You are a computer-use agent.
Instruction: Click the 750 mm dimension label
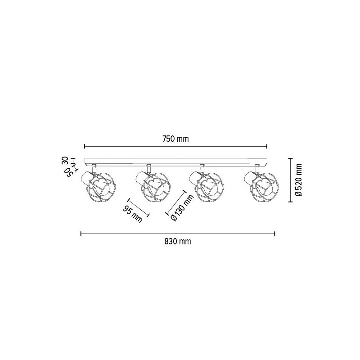pyautogui.click(x=176, y=139)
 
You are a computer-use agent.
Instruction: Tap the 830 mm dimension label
pyautogui.click(x=178, y=242)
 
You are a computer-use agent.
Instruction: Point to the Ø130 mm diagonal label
pyautogui.click(x=176, y=208)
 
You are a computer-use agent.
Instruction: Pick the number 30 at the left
pyautogui.click(x=65, y=161)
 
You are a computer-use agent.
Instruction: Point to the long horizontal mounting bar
pyautogui.click(x=175, y=162)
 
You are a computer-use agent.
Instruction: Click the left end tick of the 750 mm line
pyautogui.click(x=85, y=146)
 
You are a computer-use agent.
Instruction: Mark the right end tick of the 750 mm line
pyautogui.click(x=267, y=146)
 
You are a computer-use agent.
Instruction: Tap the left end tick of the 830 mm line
pyautogui.click(x=81, y=233)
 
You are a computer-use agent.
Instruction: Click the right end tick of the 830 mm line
pyautogui.click(x=275, y=233)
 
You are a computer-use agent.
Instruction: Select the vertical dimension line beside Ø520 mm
pyautogui.click(x=291, y=180)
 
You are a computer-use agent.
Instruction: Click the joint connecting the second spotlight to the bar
pyautogui.click(x=147, y=168)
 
